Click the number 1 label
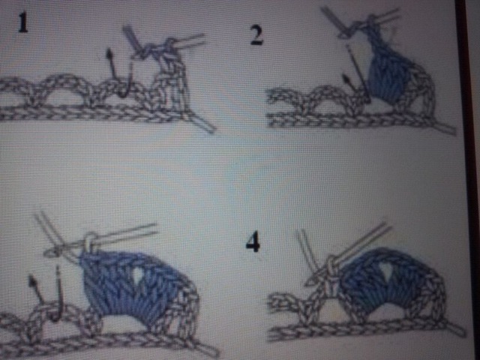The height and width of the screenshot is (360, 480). click(22, 22)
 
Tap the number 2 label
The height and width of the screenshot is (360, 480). click(256, 35)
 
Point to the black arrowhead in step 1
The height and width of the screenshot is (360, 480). click(108, 52)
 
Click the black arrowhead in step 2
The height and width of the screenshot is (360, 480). click(346, 78)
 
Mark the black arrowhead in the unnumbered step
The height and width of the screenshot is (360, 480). click(31, 279)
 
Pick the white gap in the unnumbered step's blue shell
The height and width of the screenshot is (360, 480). click(138, 275)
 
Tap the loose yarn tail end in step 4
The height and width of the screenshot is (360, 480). click(462, 333)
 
